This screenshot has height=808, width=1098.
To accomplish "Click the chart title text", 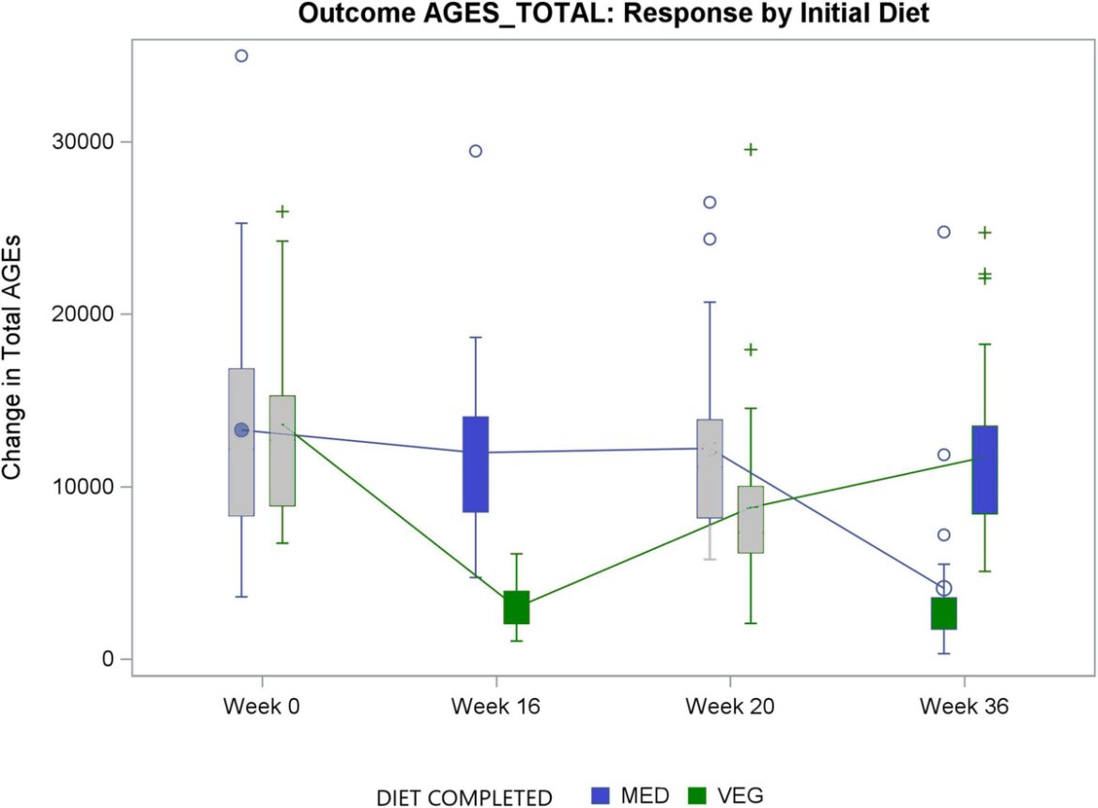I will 614,14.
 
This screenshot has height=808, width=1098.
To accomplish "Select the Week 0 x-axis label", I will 262,707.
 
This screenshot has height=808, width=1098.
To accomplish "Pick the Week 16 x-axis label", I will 495,707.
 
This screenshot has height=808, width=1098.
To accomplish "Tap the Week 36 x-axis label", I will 964,707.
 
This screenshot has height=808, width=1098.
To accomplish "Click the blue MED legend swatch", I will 602,796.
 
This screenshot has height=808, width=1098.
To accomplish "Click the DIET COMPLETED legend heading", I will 464,798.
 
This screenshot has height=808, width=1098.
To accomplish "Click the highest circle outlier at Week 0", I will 241,55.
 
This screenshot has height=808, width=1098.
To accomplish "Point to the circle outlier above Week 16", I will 476,151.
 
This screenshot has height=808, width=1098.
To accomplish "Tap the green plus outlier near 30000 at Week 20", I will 751,149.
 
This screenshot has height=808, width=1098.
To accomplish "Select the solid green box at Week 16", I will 516,607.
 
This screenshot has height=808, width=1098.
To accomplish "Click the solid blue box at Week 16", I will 476,464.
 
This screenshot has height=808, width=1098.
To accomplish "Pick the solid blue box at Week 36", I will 984,469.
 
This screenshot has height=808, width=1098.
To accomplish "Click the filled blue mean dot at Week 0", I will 241,430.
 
